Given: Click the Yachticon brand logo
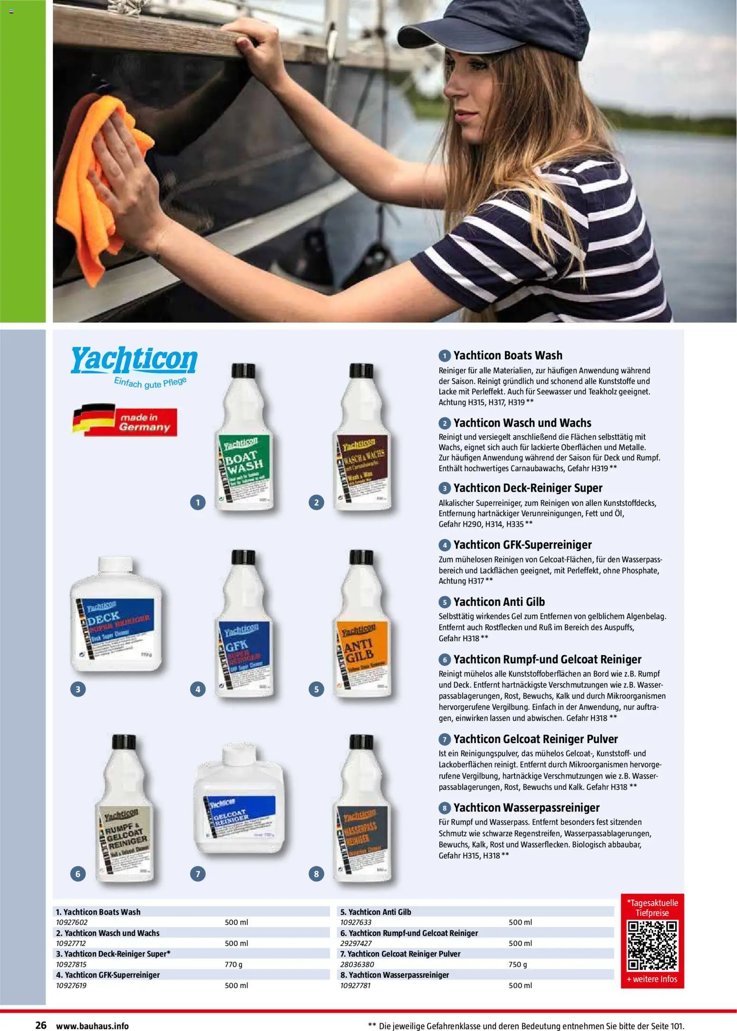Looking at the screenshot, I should tap(134, 361).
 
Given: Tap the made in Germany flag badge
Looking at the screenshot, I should tap(125, 420).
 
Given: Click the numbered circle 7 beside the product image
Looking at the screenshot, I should tap(198, 873).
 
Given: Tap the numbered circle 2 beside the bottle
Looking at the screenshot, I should tap(316, 502).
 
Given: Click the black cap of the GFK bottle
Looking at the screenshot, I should tap(243, 558).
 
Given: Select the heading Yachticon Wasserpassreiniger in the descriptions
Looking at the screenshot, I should tap(526, 808).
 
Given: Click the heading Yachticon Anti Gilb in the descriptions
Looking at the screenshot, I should tap(499, 602).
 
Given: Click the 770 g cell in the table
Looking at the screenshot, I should tap(233, 964).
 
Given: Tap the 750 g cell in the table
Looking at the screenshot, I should tap(518, 964).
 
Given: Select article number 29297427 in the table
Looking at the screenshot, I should tap(356, 943).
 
